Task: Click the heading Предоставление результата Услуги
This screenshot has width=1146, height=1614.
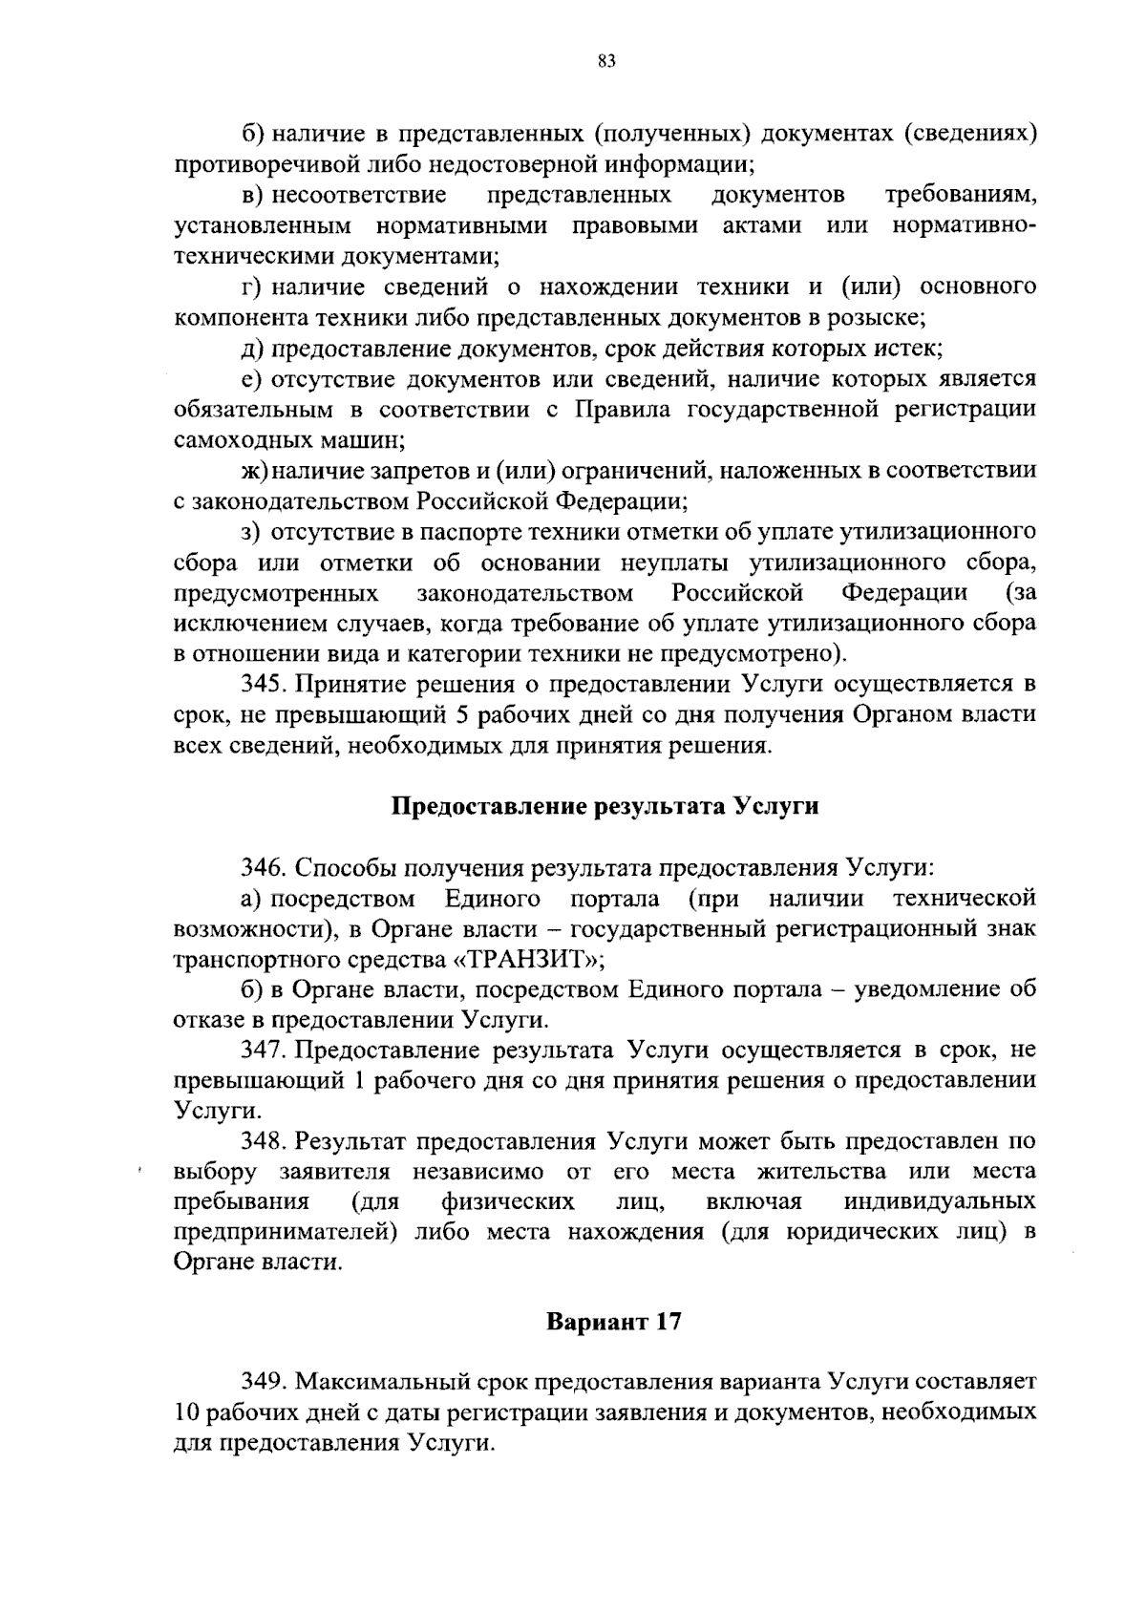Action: click(x=606, y=806)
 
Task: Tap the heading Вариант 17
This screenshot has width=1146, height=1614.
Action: click(x=613, y=1323)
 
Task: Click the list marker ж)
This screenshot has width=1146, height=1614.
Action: click(x=252, y=471)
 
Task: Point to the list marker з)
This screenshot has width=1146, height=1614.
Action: click(x=250, y=532)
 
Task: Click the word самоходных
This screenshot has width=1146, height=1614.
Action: click(x=234, y=440)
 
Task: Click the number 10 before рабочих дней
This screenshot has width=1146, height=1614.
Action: click(x=188, y=1412)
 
